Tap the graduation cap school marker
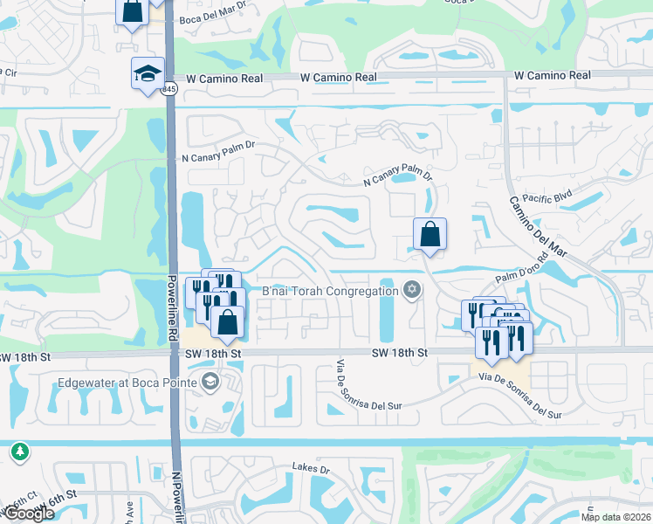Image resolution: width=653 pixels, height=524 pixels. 148,72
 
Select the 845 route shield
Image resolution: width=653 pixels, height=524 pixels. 169,89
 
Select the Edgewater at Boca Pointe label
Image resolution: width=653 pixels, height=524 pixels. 128,382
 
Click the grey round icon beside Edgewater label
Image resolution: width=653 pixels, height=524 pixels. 210,381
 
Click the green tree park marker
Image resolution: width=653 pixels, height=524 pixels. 18,452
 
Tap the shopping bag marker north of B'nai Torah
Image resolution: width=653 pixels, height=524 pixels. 430,234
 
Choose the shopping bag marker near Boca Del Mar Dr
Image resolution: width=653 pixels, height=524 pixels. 131,11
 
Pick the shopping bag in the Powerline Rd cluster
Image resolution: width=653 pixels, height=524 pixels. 227,322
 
